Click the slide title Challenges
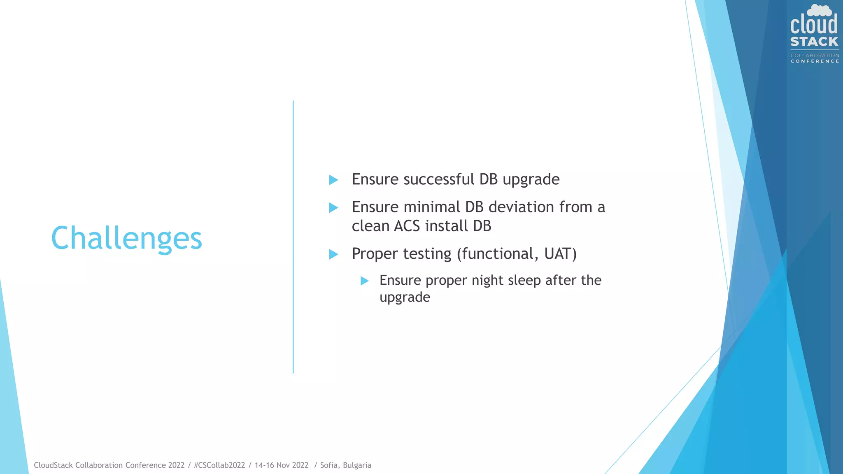point(126,238)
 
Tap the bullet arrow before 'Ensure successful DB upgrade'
point(333,180)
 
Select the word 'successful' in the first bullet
point(439,179)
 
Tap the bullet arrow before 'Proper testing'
point(333,254)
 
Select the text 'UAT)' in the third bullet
point(560,254)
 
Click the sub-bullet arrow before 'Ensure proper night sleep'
point(364,281)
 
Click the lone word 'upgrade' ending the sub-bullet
point(405,297)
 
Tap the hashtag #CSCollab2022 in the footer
point(219,465)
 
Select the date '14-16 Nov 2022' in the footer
point(282,465)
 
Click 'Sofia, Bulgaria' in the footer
point(346,465)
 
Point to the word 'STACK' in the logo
point(814,42)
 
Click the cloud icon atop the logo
point(819,10)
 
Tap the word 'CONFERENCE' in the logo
point(815,61)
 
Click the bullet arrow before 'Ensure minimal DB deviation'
point(333,208)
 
